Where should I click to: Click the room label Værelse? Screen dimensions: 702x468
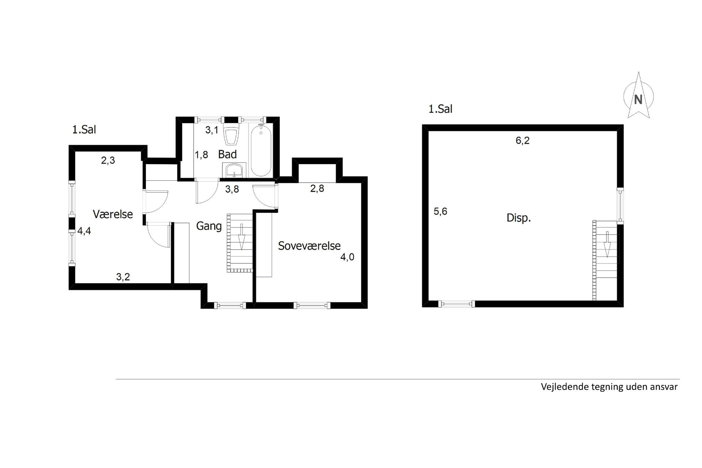(113, 214)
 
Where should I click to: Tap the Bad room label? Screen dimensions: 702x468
(227, 154)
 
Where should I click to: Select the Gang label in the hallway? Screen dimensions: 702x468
(209, 226)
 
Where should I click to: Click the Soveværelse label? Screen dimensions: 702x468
(309, 246)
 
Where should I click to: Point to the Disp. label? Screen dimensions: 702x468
(518, 218)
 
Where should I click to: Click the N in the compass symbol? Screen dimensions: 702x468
(638, 99)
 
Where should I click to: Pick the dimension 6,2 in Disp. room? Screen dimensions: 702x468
(522, 140)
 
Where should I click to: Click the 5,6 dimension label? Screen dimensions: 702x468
(440, 211)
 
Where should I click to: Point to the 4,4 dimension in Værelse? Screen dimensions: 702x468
(84, 231)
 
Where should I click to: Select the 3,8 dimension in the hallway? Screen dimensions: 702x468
(232, 189)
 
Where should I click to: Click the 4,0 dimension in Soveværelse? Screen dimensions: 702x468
(347, 257)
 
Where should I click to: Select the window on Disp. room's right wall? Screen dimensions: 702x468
(620, 205)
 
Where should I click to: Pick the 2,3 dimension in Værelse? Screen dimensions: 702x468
(108, 160)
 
